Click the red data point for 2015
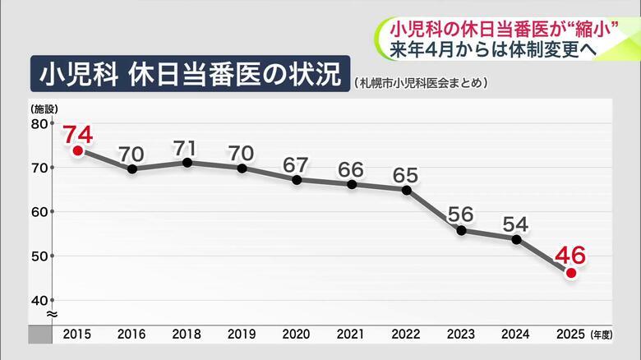[77, 150]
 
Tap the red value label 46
[571, 256]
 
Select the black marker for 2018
[187, 162]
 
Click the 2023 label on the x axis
[461, 335]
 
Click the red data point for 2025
[571, 273]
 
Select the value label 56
[461, 215]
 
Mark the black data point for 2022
[407, 190]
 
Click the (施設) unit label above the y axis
[42, 108]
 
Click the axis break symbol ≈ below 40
[50, 314]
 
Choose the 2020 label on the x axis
[297, 335]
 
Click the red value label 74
[77, 133]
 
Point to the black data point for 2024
[516, 239]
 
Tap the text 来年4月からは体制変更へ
[494, 48]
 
